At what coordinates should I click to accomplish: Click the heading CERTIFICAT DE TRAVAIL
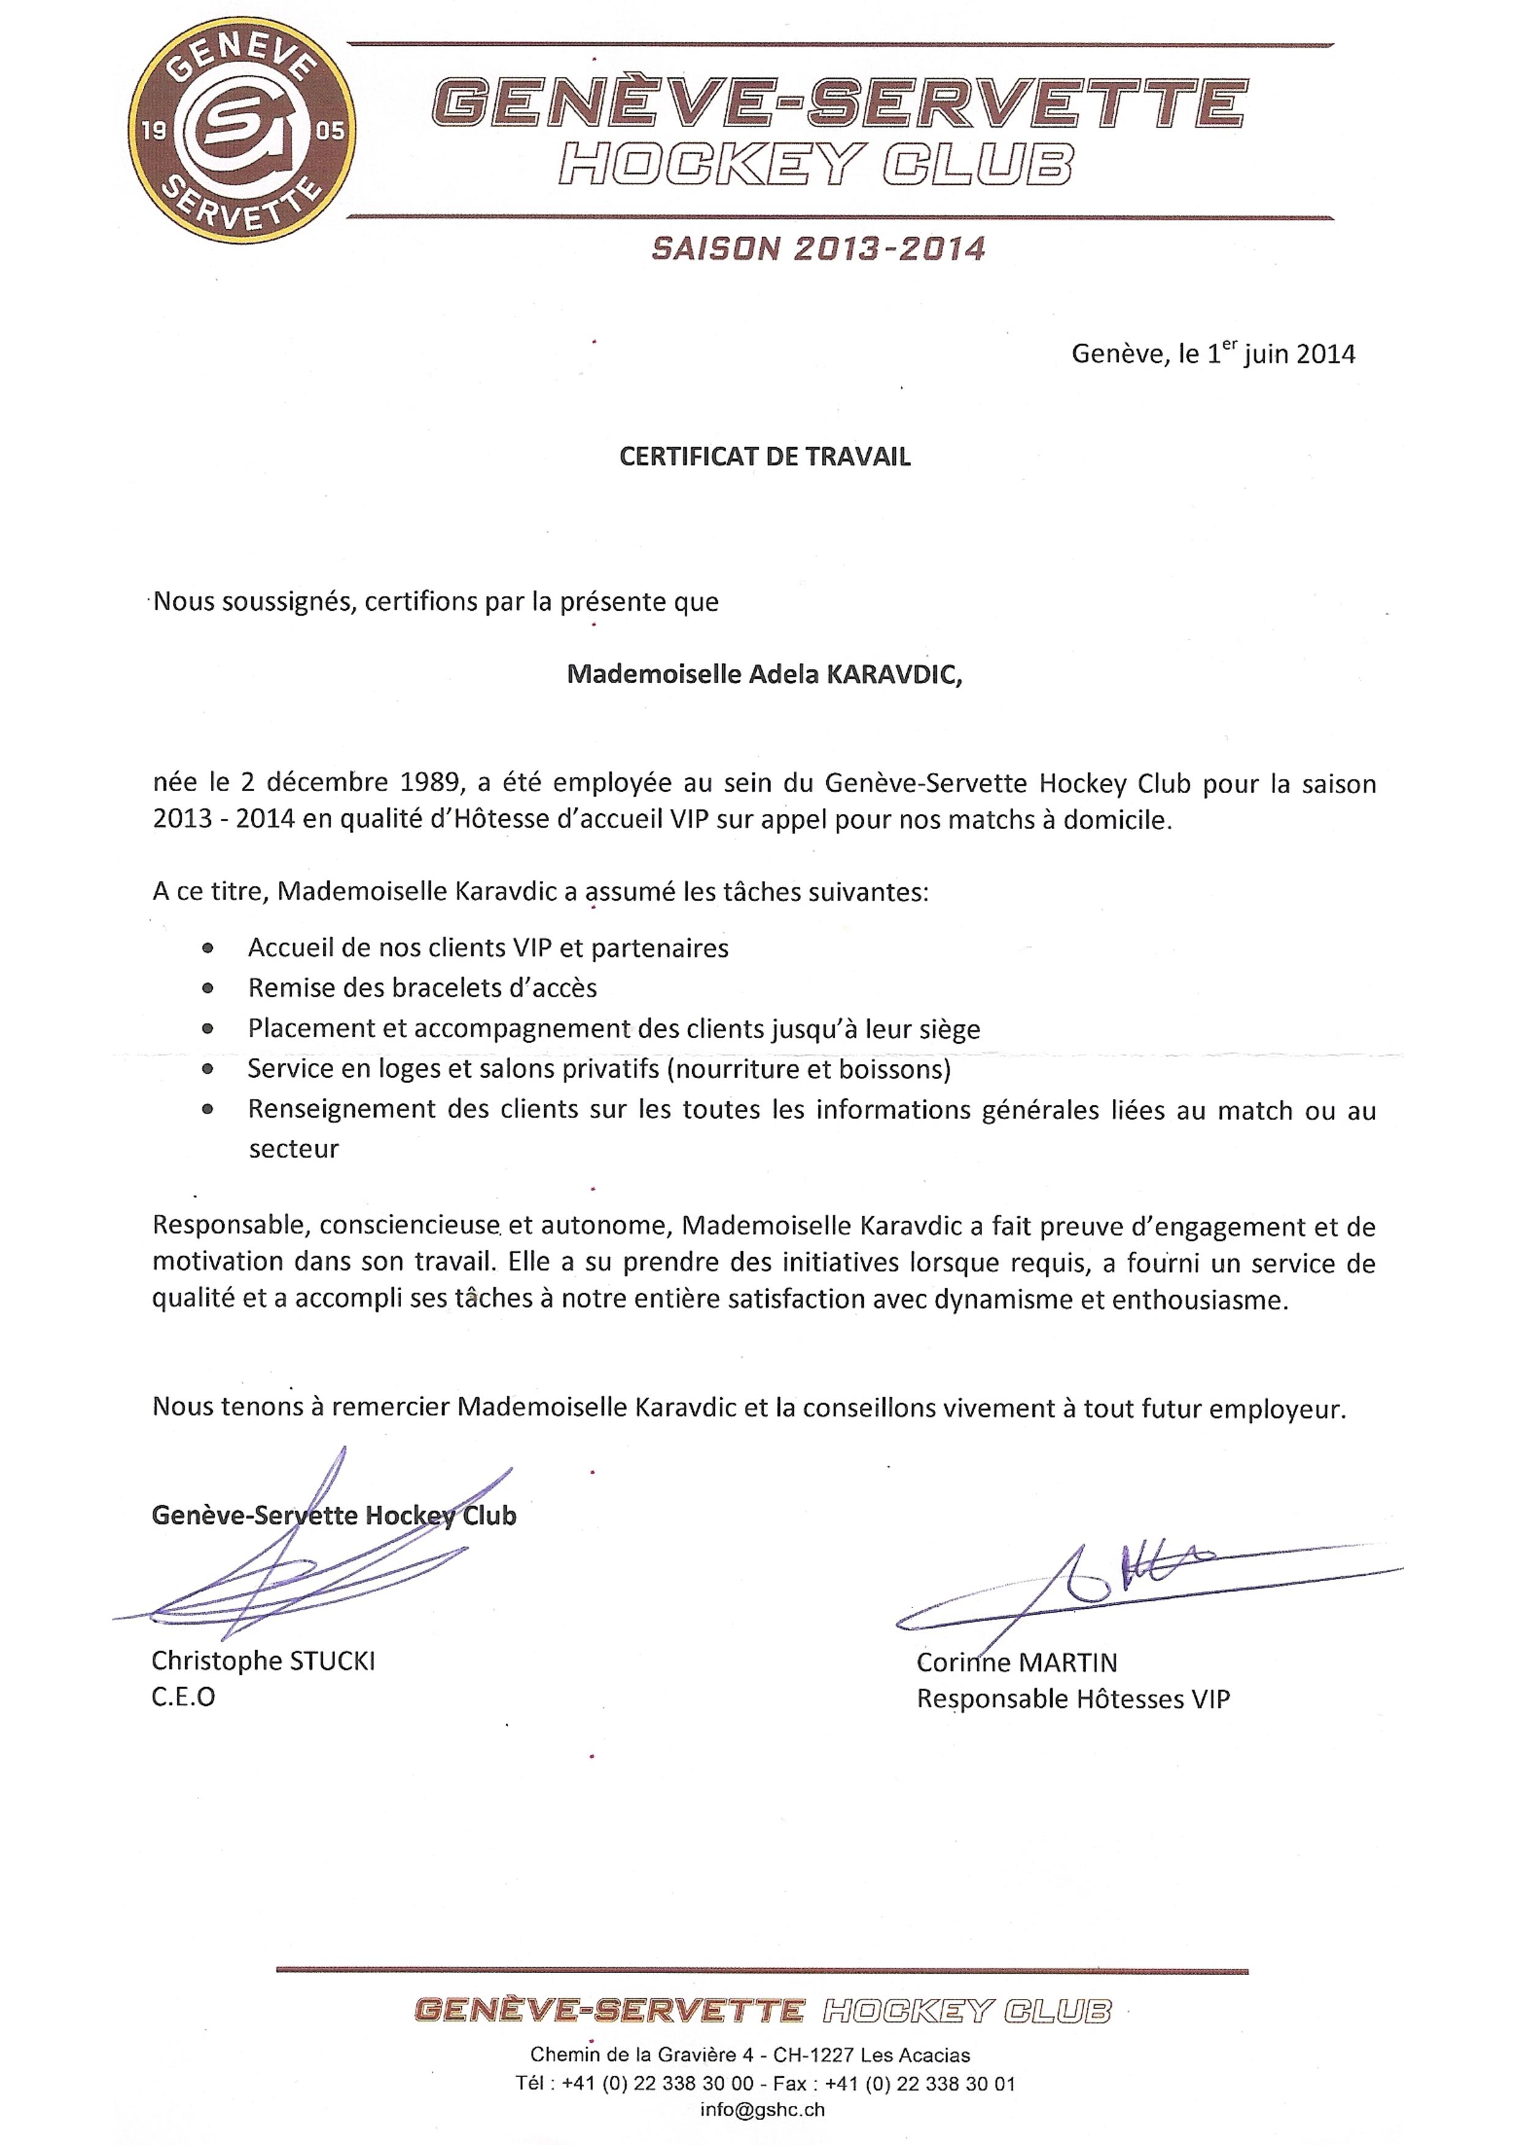tap(765, 457)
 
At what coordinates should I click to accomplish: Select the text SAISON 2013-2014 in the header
tap(818, 248)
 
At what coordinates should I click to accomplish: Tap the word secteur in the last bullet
tap(294, 1149)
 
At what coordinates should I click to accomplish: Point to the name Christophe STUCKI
tap(264, 1660)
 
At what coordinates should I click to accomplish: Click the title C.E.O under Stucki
tap(183, 1697)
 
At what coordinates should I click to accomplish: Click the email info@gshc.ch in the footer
tap(762, 2108)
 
